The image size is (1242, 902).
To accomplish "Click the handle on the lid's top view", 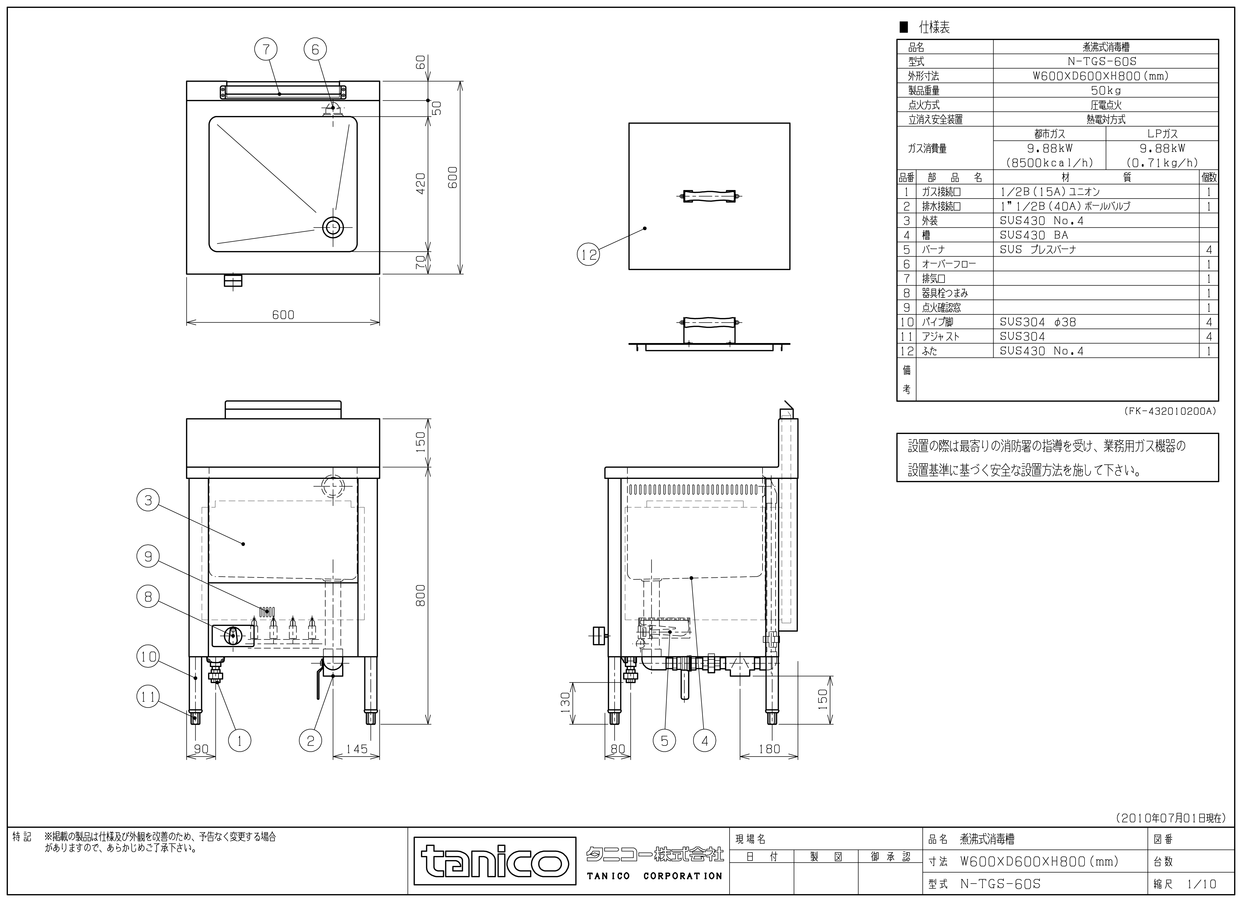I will [x=709, y=196].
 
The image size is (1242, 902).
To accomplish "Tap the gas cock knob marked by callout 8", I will [x=233, y=635].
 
